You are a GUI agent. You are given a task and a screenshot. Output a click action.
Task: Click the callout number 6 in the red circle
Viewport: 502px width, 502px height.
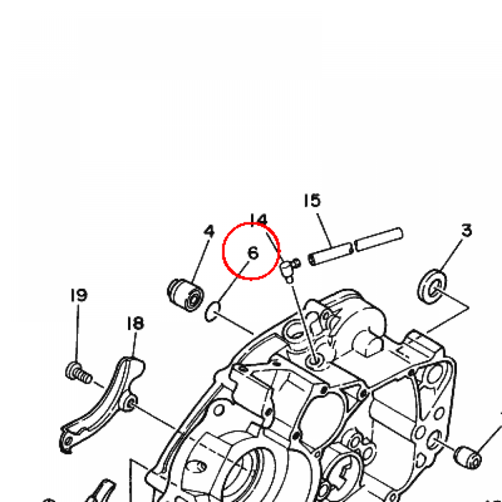click(253, 253)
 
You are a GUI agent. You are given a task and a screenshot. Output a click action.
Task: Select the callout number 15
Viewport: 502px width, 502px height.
click(312, 201)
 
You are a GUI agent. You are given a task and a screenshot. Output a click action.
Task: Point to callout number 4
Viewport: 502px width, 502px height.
click(209, 231)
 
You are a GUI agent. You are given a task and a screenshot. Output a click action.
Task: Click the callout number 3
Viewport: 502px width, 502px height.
click(467, 230)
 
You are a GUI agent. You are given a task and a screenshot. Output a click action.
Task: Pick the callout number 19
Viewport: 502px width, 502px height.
click(79, 295)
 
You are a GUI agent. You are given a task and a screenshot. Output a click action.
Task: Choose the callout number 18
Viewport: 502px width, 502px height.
click(135, 323)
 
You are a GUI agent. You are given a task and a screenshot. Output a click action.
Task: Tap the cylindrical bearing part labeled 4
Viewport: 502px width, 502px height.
click(186, 295)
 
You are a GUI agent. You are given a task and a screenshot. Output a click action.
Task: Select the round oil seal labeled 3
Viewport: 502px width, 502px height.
click(432, 286)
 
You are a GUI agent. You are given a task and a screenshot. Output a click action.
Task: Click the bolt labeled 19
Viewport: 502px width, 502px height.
click(78, 373)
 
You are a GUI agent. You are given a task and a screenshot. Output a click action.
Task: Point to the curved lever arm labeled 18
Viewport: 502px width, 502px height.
click(102, 405)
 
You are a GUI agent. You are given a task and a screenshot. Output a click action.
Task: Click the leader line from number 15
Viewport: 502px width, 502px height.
click(325, 230)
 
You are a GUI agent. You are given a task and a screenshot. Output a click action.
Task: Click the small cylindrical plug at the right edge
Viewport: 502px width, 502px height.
click(467, 458)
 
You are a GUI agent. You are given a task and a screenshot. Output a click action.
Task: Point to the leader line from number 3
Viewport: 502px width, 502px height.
click(451, 254)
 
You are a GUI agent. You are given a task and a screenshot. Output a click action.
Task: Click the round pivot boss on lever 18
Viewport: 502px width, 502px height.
click(132, 402)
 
